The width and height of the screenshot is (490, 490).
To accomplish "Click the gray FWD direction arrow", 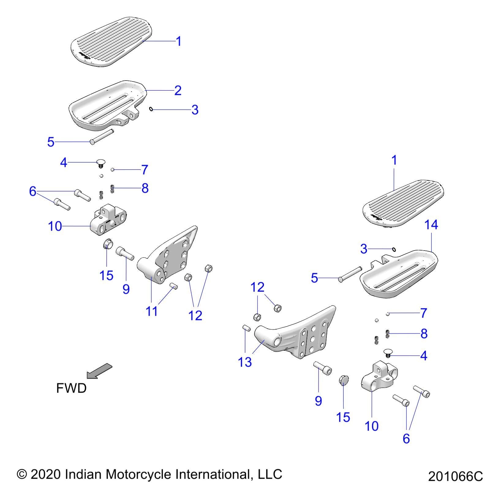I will (x=99, y=371).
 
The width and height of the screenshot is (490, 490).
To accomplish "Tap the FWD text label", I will (x=71, y=388).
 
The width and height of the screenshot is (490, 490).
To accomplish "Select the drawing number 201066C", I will (x=455, y=477).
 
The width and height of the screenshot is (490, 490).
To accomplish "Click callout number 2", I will (x=178, y=90).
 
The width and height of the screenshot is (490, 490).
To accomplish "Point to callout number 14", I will (x=431, y=225).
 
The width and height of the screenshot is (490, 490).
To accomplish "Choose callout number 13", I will (x=245, y=362).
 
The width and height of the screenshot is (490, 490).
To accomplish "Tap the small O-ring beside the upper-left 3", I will (x=151, y=109).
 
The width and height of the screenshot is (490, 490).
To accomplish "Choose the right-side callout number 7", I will (x=424, y=313).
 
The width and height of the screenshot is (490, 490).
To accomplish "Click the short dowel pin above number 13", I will (x=247, y=328).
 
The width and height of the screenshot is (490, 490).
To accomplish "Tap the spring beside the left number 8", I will (x=112, y=189).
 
